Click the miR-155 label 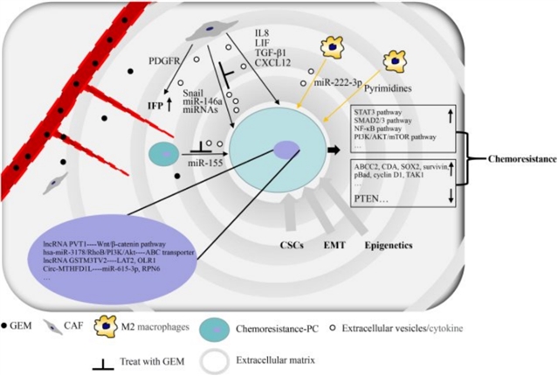pyautogui.click(x=206, y=162)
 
